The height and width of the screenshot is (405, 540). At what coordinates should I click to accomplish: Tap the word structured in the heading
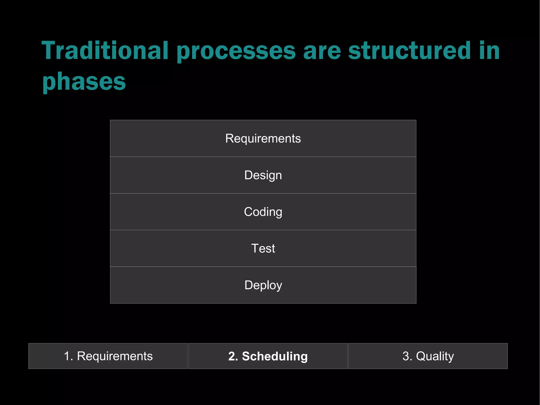409,51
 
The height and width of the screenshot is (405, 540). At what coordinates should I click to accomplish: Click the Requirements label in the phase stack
263,139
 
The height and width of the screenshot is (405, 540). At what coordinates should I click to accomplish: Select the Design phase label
263,175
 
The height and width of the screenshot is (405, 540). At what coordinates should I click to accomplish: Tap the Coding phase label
263,212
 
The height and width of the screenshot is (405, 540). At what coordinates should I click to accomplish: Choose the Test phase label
263,249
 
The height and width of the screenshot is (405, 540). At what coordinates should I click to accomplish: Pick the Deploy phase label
263,285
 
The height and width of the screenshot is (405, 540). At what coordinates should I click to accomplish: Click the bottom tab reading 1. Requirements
108,356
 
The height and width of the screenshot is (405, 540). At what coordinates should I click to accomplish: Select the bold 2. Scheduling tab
268,356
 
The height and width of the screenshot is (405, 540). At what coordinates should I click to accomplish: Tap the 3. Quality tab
428,356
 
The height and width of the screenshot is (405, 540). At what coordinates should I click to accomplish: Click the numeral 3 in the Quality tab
406,356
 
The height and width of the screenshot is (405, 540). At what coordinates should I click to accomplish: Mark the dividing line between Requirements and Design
263,157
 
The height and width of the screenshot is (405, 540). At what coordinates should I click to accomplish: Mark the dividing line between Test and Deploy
263,267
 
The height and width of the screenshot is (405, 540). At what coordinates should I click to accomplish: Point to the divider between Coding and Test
263,230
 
